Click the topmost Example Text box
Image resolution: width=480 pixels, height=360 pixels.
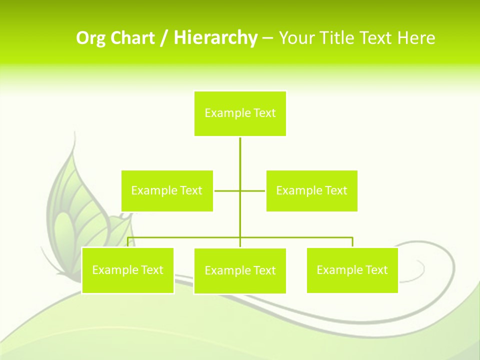tap(240, 113)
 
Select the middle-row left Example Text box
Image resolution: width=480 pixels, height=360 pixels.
tap(167, 191)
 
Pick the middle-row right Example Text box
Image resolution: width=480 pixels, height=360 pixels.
tap(311, 191)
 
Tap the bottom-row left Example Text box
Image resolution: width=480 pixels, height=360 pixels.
tap(127, 270)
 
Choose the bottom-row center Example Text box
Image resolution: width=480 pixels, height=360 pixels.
tap(240, 271)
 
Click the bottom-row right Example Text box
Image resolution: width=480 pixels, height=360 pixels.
tap(352, 270)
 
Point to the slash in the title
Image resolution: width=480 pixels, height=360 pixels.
tap(163, 38)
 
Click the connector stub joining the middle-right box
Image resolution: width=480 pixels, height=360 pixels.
tap(253, 190)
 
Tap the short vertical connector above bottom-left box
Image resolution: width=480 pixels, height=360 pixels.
tap(127, 242)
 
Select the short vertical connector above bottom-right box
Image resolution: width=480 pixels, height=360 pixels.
tap(352, 242)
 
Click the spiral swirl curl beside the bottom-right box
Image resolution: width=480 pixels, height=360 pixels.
tap(417, 270)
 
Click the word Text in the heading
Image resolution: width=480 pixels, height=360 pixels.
tap(375, 38)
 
